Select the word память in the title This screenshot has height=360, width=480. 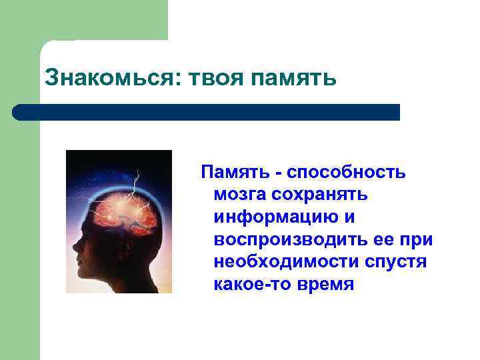click(x=295, y=79)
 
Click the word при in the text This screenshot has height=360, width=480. click(x=419, y=240)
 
